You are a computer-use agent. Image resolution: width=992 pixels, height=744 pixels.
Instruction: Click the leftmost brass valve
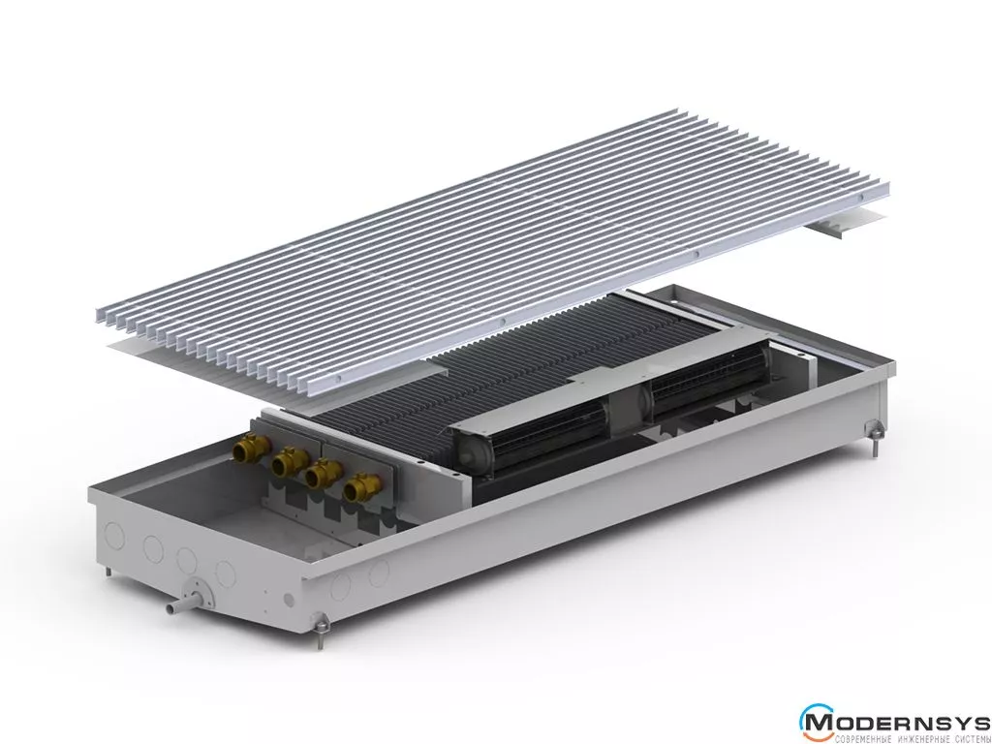coord(252,449)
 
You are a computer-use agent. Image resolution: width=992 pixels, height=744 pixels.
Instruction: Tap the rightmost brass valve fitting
coord(362,488)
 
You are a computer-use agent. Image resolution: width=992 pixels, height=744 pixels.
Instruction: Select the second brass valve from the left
coord(289,461)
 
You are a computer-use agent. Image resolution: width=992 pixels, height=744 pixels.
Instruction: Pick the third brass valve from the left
coord(324,475)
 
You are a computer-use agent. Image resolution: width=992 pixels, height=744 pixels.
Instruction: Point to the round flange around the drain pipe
coord(198,594)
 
